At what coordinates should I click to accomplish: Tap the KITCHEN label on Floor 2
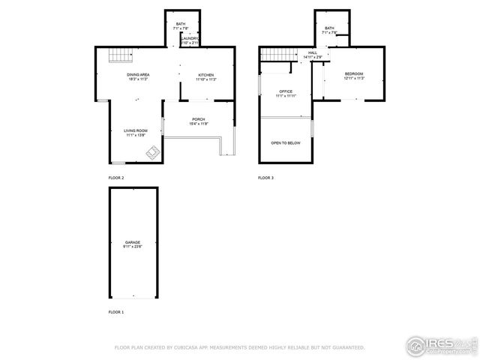(x=206, y=75)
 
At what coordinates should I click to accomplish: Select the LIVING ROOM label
(x=136, y=131)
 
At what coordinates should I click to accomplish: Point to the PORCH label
(x=199, y=119)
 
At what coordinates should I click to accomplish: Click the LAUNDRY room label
(x=190, y=38)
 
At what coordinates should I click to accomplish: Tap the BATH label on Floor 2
(x=181, y=24)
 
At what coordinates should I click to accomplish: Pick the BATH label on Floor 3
(x=329, y=28)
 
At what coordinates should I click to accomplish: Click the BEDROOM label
(x=354, y=73)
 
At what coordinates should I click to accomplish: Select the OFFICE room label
(x=286, y=91)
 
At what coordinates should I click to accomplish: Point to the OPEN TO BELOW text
(x=286, y=142)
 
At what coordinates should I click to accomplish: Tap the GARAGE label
(x=133, y=242)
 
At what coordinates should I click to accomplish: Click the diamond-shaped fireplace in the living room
(x=152, y=154)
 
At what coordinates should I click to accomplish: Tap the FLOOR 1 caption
(x=116, y=310)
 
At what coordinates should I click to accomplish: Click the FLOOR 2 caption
(x=116, y=178)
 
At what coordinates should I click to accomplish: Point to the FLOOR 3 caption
(x=266, y=178)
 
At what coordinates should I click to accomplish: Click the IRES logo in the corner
(x=440, y=345)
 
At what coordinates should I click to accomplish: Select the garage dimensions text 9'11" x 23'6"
(x=133, y=247)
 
